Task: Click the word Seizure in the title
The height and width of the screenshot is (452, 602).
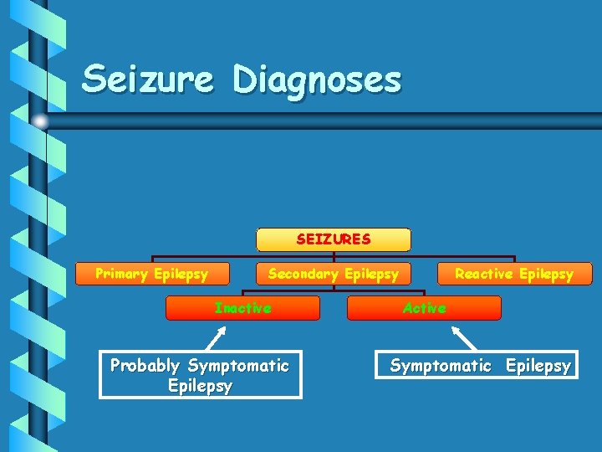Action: coord(148,80)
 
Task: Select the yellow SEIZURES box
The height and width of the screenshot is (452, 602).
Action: coord(333,239)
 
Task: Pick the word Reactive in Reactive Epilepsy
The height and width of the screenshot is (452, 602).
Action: coord(483,274)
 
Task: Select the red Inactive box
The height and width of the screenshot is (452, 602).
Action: coord(242,308)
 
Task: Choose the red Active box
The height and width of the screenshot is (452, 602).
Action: coord(424,308)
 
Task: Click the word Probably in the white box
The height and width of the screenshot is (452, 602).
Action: coord(145,366)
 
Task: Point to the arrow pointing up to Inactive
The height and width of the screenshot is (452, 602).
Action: coord(216,338)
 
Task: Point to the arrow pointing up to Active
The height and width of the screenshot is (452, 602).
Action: coord(463,337)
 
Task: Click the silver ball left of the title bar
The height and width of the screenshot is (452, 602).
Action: coord(39,121)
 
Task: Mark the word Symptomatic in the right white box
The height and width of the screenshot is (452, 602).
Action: coord(441,366)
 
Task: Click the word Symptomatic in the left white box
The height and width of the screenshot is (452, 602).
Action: coord(238,366)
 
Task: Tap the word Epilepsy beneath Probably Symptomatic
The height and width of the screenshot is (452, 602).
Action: coord(200,386)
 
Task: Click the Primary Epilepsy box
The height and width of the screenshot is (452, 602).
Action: coord(151,274)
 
